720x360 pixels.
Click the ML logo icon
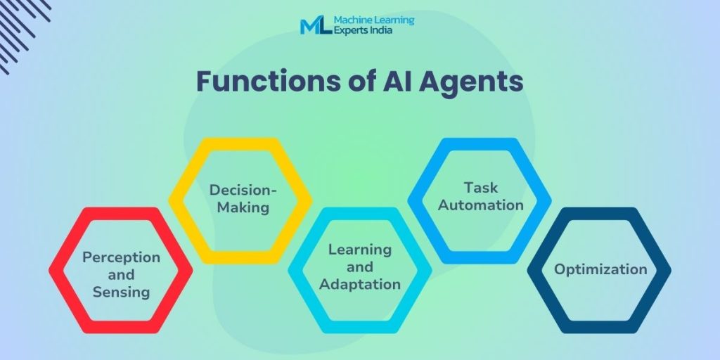tap(316, 25)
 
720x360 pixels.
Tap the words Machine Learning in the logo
tap(374, 20)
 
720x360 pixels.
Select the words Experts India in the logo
tap(363, 30)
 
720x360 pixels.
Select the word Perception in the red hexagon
tap(121, 257)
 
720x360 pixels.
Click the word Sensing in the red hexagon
tap(121, 292)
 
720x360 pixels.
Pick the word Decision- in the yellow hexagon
tap(243, 190)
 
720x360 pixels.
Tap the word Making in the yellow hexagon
tap(243, 207)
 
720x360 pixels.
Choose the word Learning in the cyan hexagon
tap(360, 250)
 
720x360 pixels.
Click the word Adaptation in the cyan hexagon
tap(360, 284)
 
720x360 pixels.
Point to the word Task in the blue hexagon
tap(481, 187)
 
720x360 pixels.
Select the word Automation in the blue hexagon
tap(481, 205)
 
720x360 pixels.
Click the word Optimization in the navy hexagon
tap(600, 269)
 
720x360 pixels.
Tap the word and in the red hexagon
tap(121, 275)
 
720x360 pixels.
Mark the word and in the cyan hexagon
tap(360, 266)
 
